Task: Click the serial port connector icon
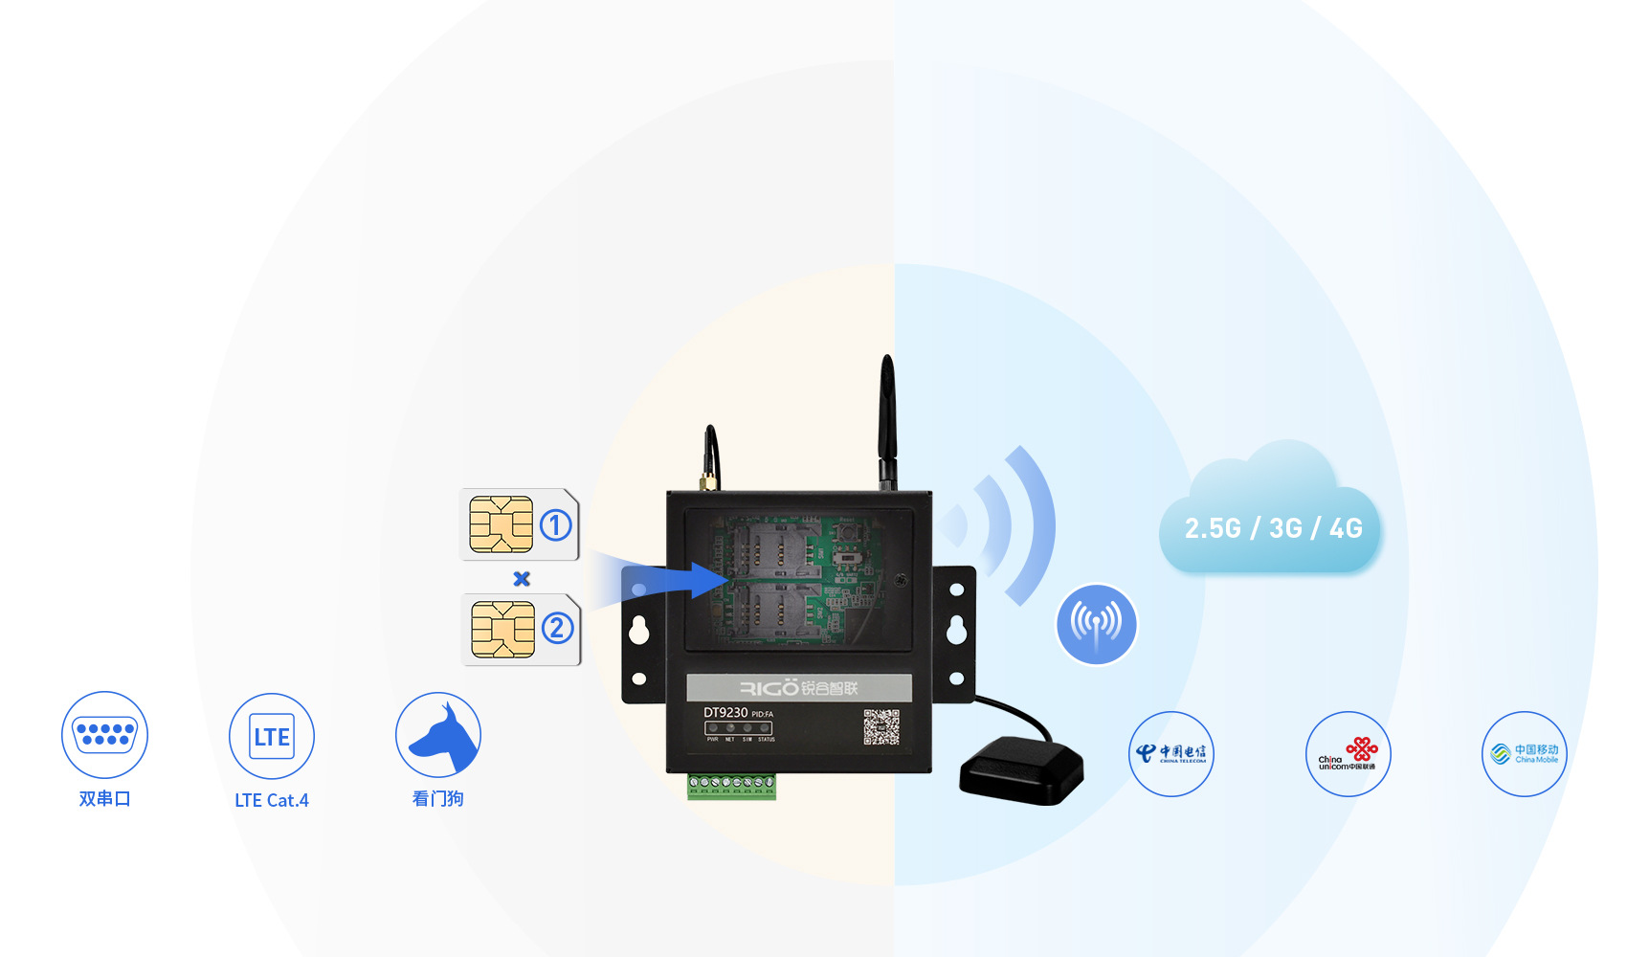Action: coord(105,735)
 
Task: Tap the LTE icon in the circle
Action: coord(272,736)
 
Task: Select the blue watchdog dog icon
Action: coord(439,736)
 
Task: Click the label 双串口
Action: coord(105,799)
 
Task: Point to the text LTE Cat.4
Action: coord(272,800)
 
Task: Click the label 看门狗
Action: coord(438,799)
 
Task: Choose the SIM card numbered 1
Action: coord(520,524)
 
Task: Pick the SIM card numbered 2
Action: coord(522,629)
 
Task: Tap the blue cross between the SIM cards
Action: coord(522,578)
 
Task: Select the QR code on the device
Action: coord(881,727)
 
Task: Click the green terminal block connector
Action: coord(731,786)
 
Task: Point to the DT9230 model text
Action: coord(725,713)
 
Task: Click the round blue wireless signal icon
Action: coord(1097,624)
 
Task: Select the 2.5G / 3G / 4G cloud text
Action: coord(1273,528)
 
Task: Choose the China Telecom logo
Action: coord(1171,754)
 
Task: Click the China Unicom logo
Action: coord(1348,754)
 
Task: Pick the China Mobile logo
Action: coord(1525,754)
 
